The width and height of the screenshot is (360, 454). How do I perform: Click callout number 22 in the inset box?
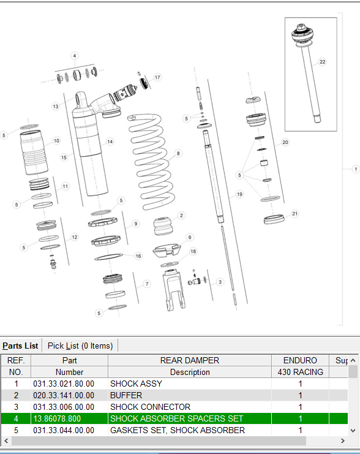pos(322,62)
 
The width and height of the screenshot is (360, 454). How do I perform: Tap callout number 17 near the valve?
pos(157,77)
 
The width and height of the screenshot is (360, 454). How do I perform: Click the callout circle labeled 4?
pos(75,56)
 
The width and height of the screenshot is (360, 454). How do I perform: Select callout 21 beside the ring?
pos(294,214)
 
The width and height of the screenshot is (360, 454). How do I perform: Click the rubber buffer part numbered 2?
pos(163,226)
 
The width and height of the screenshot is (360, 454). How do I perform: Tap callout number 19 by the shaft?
pos(239,194)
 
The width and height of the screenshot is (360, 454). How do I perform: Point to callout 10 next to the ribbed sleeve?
pos(56,141)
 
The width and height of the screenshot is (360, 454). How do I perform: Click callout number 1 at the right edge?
pos(356,169)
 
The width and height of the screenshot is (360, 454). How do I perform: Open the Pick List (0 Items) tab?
pos(80,346)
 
